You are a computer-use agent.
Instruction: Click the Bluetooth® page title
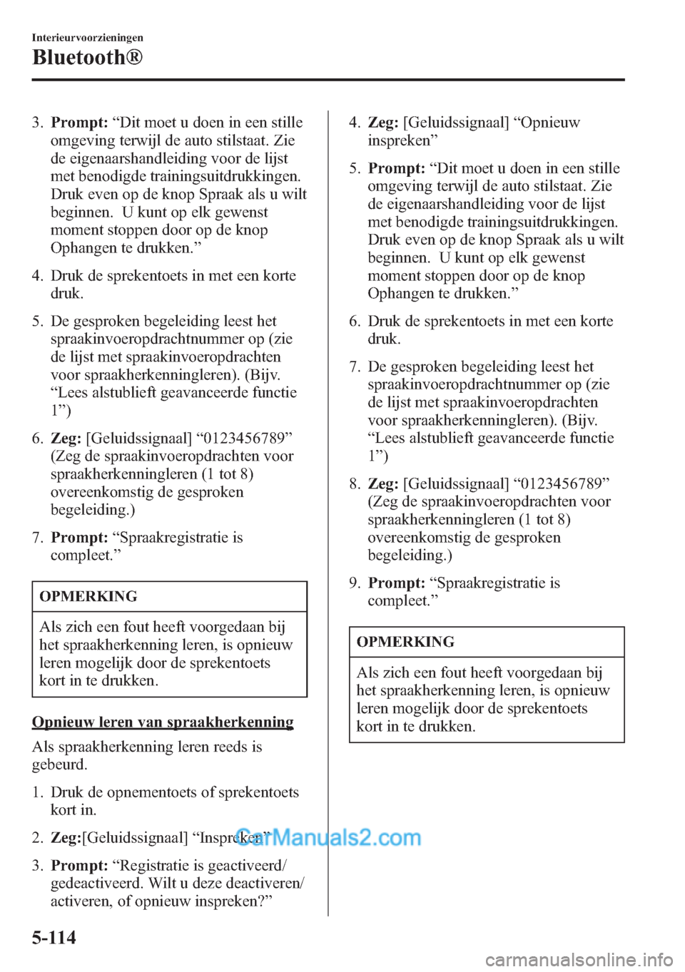coord(87,57)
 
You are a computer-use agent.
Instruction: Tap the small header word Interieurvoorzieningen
coord(87,38)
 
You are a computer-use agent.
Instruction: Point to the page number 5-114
coord(54,937)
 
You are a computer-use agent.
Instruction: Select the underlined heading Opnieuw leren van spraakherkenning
coord(163,722)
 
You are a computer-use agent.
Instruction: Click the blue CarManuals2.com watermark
coord(329,837)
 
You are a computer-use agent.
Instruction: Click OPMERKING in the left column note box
coord(88,596)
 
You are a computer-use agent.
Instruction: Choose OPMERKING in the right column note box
coord(405,642)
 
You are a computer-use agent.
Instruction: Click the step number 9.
coord(355,583)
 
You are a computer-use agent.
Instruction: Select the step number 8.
coord(355,484)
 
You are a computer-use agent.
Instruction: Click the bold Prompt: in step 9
coord(396,583)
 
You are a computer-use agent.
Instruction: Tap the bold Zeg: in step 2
coord(66,838)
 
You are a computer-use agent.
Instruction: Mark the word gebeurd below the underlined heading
coord(59,764)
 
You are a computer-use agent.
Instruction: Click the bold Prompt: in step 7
coord(79,538)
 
